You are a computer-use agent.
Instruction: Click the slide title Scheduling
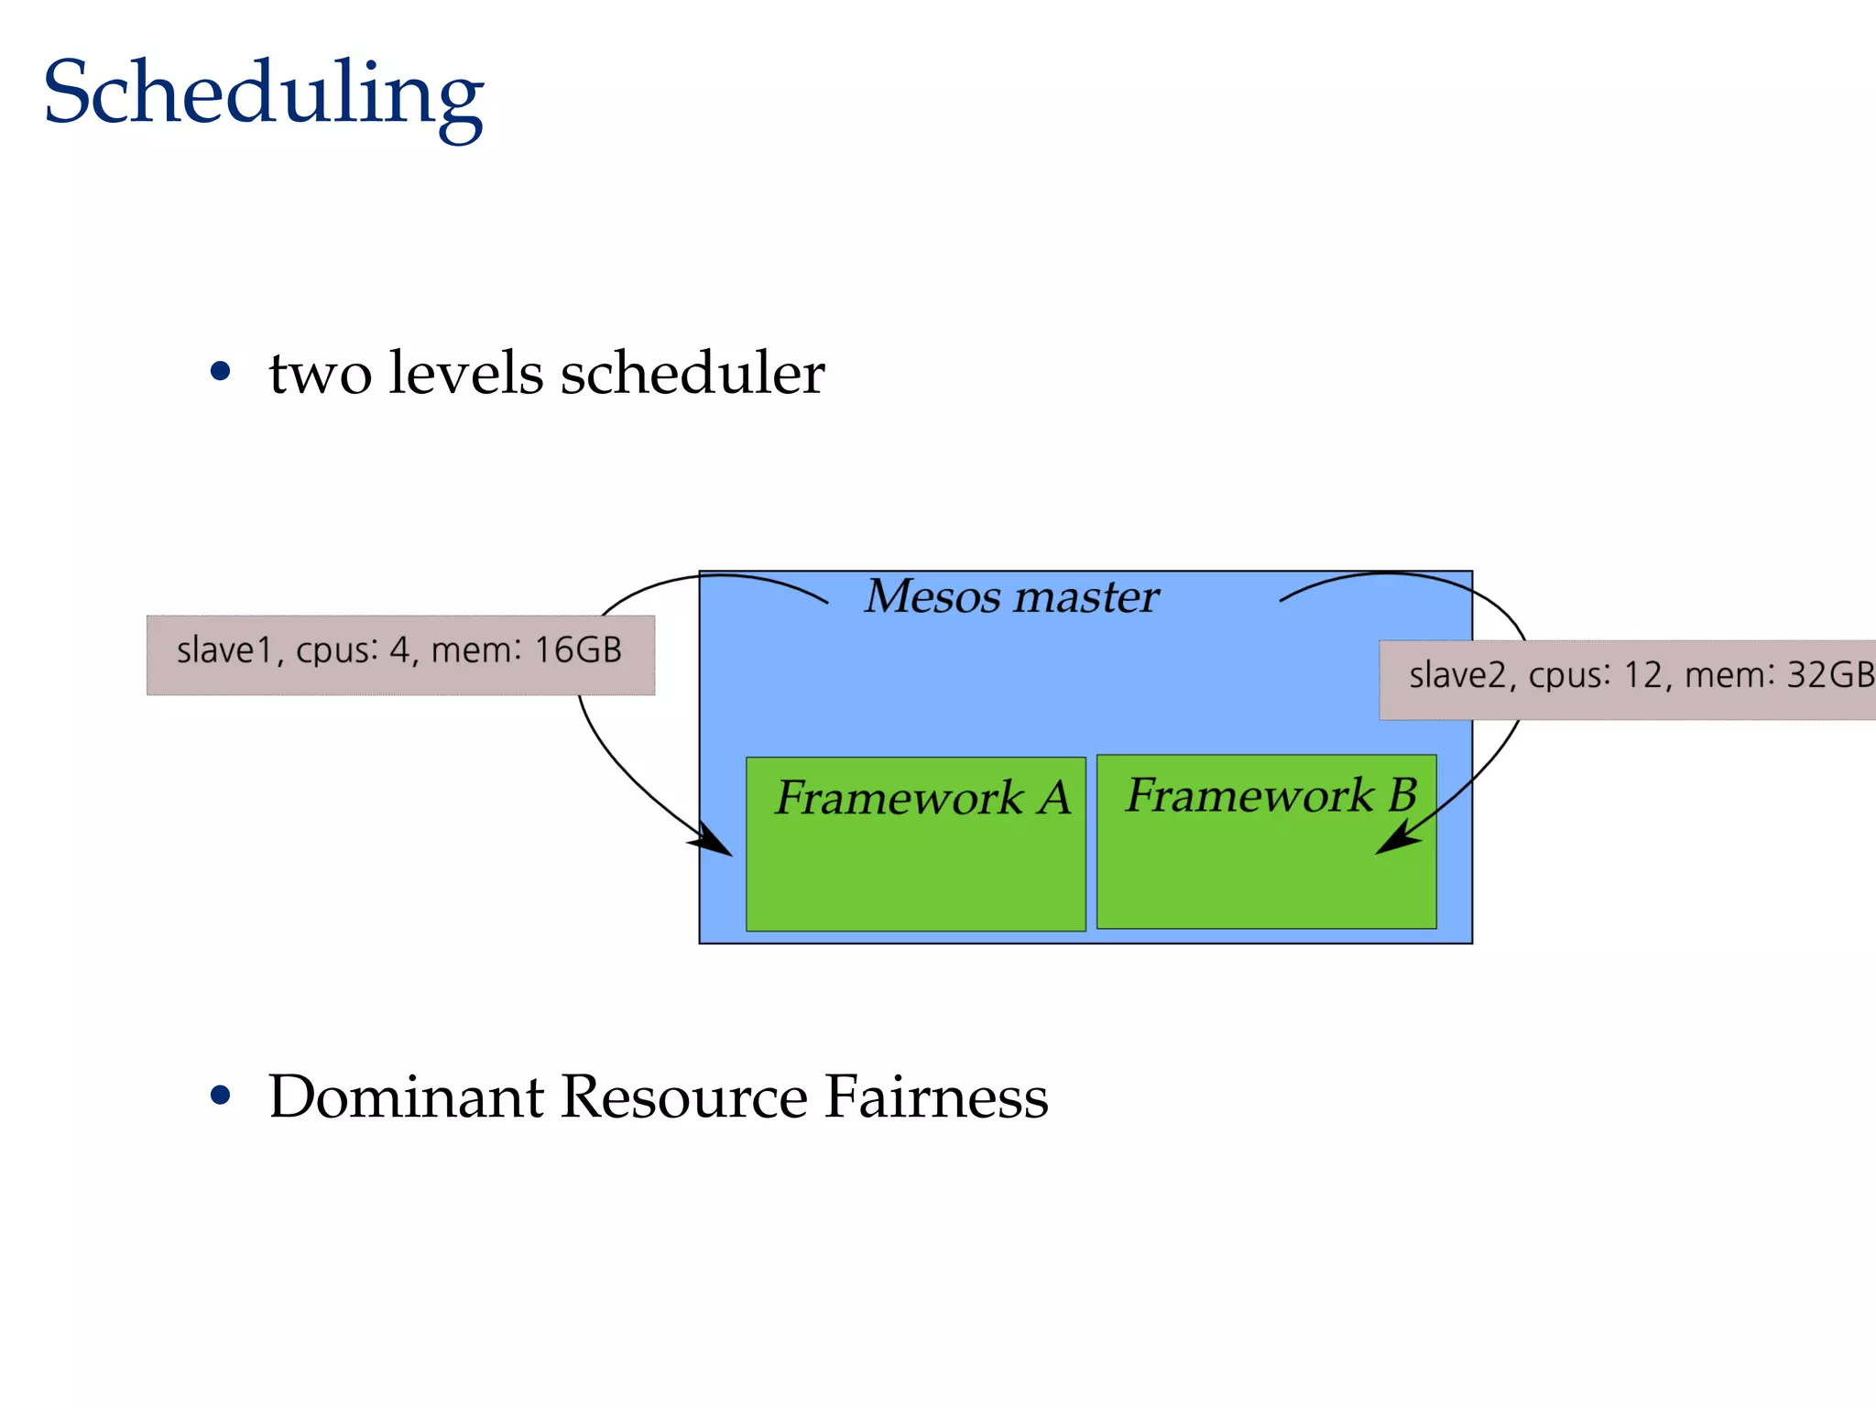tap(263, 93)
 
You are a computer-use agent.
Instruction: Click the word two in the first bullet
tap(320, 374)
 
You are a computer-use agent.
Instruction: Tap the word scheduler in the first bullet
tap(693, 374)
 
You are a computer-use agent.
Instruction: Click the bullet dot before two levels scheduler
tap(220, 371)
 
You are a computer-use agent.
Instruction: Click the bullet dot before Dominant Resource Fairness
tap(220, 1095)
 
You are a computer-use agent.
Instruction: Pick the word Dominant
tap(406, 1096)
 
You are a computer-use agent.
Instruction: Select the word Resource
tap(683, 1096)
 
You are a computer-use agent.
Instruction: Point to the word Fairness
tap(935, 1096)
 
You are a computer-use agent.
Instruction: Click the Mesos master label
tap(1011, 596)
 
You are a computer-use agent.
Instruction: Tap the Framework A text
tap(922, 797)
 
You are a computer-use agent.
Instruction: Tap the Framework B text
tap(1271, 794)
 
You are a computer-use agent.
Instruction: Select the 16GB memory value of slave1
tap(577, 650)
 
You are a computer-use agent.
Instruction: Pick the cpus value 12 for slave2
tap(1642, 676)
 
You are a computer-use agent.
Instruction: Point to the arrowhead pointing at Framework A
tap(715, 842)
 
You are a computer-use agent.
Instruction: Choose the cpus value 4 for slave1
tap(399, 650)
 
